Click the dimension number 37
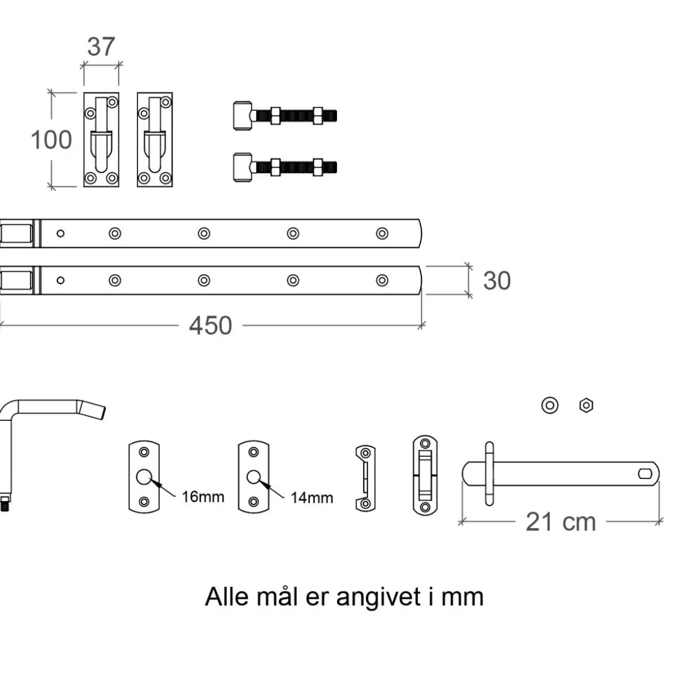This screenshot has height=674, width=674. tap(101, 47)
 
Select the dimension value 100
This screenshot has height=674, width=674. tap(52, 140)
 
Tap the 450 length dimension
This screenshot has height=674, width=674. tap(210, 326)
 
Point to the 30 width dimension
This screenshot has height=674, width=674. tap(497, 280)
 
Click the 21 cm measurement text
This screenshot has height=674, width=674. tap(561, 522)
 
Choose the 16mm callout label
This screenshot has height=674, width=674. tap(203, 497)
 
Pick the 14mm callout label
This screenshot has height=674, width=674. tap(311, 498)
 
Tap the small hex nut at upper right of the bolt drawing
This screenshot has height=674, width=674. tap(586, 405)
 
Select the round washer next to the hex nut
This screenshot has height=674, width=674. tap(550, 405)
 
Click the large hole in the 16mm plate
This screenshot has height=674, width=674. tap(143, 477)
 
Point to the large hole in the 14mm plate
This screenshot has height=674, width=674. tap(254, 477)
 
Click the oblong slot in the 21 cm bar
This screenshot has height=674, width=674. tap(645, 474)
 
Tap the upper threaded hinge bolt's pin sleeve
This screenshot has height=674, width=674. tap(243, 116)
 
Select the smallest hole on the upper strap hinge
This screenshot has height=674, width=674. tap(60, 233)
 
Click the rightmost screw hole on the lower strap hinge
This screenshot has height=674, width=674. tap(382, 280)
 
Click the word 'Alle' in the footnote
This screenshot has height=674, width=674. tap(227, 597)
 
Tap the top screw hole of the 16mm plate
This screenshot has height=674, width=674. tap(144, 452)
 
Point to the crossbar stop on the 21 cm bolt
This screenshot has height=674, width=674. tap(489, 474)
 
